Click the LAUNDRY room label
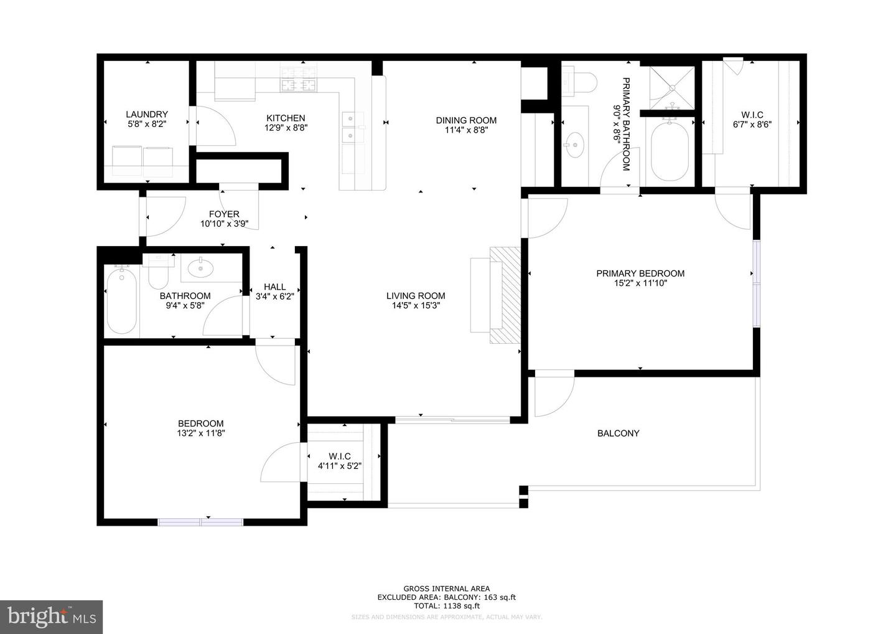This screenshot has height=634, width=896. point(147,115)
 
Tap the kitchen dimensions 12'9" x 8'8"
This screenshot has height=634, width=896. point(286,128)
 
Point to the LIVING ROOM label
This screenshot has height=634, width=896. point(416,296)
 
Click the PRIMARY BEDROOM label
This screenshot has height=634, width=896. point(640,273)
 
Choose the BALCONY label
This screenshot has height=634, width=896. point(618,433)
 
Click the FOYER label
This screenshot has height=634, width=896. point(224,214)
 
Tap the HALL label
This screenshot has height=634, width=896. point(274,287)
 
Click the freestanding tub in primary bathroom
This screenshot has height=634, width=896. point(669,149)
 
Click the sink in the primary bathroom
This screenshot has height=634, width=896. point(574,146)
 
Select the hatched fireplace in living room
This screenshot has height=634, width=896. point(505,295)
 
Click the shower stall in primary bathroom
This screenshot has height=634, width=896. point(672,88)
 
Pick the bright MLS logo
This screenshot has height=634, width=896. point(51,617)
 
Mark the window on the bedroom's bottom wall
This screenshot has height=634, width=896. point(200,522)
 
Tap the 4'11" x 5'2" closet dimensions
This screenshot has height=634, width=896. point(340,466)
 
